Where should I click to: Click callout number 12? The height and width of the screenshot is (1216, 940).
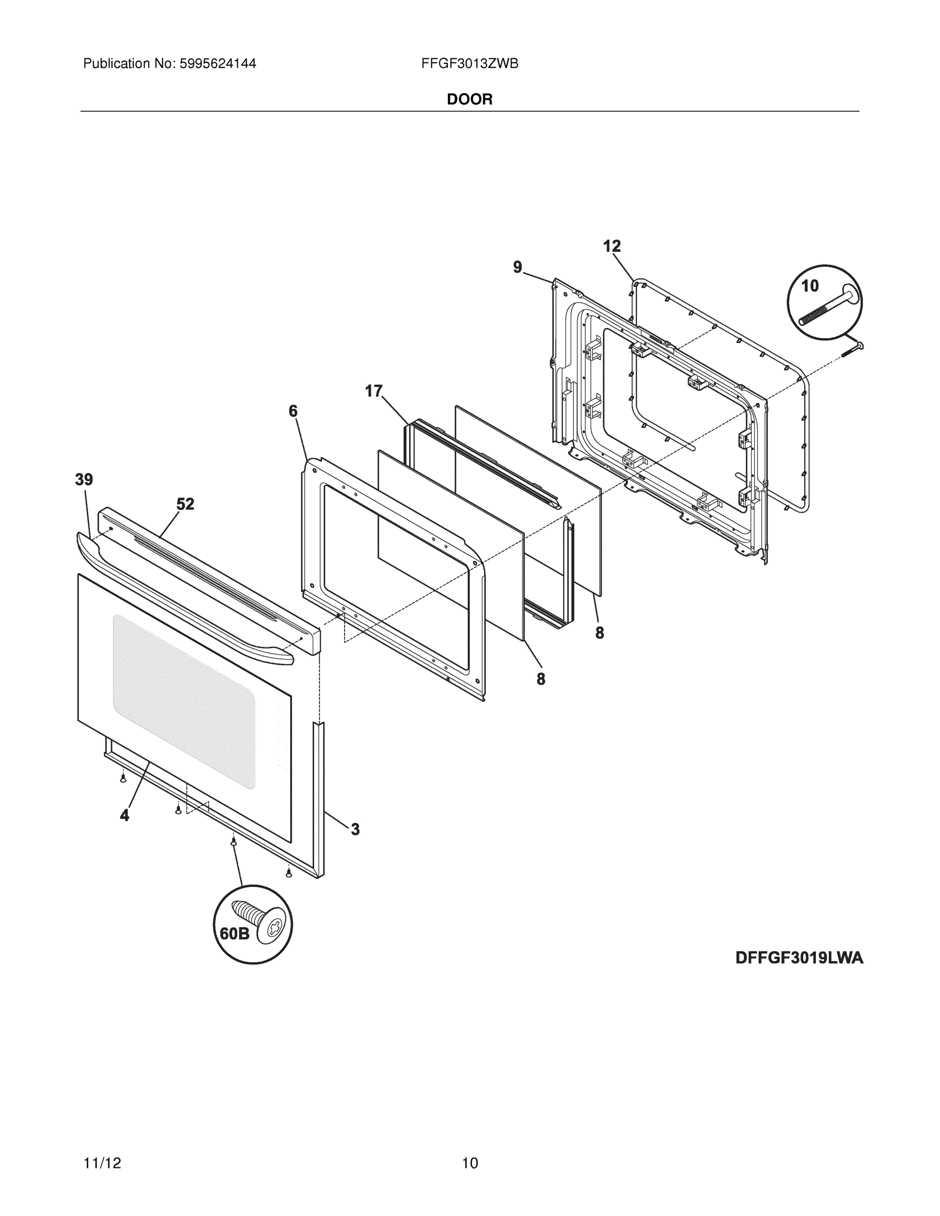(x=612, y=246)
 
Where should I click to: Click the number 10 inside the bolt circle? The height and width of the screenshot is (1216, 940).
(x=810, y=286)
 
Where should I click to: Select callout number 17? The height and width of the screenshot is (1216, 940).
(x=373, y=392)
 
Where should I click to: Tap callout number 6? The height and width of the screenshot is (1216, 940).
(x=293, y=411)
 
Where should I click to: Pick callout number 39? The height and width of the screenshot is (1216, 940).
(x=84, y=479)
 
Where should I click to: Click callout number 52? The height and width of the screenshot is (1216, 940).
(x=185, y=504)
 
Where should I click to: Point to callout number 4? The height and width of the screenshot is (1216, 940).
(x=125, y=816)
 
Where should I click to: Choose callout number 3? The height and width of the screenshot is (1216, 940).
(x=355, y=829)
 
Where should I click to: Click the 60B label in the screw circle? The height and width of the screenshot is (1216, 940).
(x=235, y=934)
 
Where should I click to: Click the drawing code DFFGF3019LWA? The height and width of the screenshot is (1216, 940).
(x=799, y=958)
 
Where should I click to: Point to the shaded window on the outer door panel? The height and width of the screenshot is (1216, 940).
(x=184, y=702)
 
